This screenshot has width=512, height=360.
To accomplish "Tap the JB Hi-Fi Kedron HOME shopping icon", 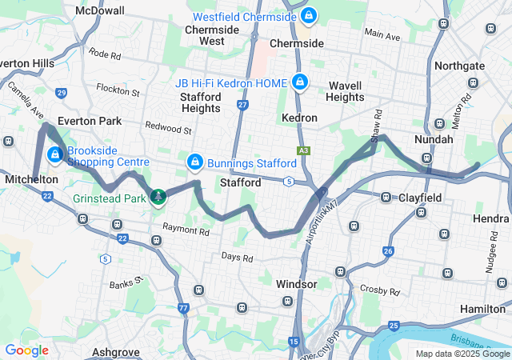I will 300,82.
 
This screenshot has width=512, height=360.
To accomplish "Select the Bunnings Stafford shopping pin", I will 194,162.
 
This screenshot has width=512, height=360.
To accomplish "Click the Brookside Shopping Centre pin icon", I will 55,154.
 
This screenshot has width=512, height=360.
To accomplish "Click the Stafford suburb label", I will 240,183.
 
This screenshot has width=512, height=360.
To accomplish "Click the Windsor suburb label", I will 296,284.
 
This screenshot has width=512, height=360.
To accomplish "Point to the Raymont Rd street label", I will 186,230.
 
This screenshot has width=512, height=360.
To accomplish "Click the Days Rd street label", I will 237,258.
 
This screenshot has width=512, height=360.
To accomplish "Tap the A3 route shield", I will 303,150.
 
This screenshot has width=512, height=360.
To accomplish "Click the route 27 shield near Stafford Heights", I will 242,104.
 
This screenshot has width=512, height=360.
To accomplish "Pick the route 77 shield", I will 183,308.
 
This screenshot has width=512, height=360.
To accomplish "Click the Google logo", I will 26,350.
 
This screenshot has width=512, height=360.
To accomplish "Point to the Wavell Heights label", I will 346,91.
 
